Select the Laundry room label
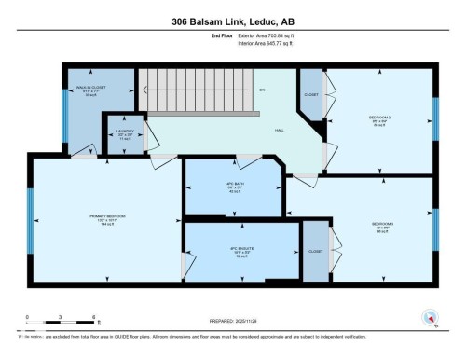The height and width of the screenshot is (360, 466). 125,133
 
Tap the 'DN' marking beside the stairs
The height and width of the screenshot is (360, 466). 262,90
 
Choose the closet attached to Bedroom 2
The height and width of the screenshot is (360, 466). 309,94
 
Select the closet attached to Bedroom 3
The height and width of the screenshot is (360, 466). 316,252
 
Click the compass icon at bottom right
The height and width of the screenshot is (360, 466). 428,316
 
